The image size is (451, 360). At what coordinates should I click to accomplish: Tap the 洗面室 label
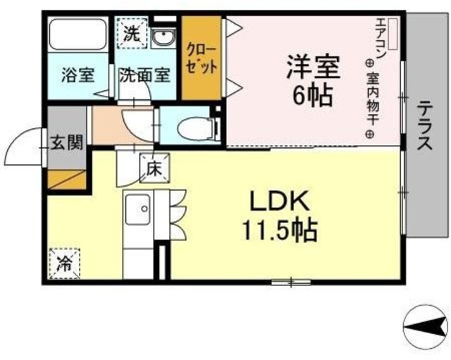143,75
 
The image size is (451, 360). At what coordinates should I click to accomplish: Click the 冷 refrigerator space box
63,264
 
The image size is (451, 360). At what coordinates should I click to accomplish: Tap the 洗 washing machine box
131,32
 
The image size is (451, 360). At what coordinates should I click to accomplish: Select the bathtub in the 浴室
78,35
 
